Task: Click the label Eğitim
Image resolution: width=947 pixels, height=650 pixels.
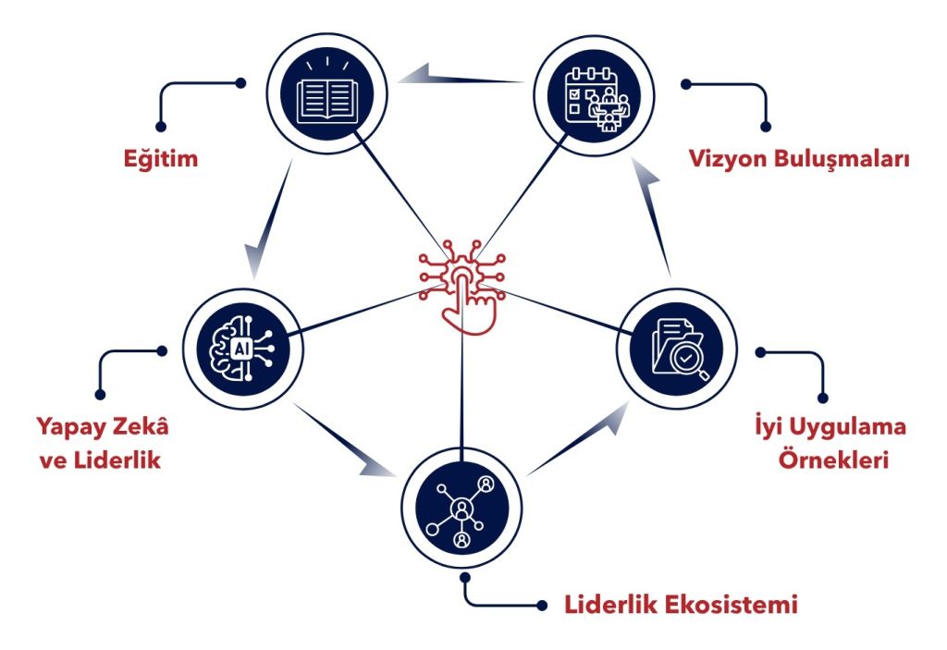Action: [x=161, y=158]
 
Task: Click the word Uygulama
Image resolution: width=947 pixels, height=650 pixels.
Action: [x=849, y=428]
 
